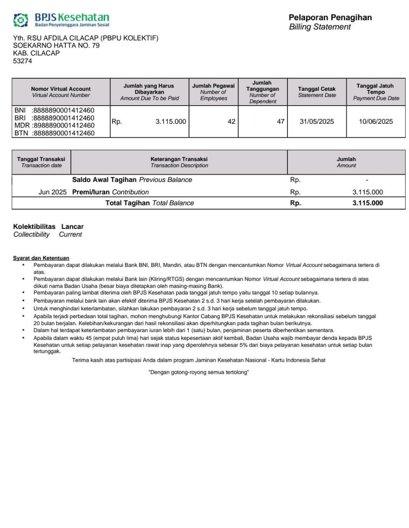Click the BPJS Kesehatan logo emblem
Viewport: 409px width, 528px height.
click(x=21, y=20)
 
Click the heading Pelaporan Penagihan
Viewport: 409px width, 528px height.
click(x=330, y=17)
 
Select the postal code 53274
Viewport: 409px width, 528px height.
click(x=23, y=61)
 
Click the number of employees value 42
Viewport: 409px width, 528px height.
click(x=231, y=122)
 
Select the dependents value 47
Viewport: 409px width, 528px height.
click(x=280, y=122)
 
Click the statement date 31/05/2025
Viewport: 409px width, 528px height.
click(x=317, y=122)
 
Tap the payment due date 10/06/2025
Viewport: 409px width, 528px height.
click(x=376, y=122)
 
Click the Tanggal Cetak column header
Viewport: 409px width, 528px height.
click(x=317, y=89)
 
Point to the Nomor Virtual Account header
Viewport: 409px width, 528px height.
click(x=61, y=89)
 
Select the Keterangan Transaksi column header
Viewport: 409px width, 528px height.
click(x=179, y=159)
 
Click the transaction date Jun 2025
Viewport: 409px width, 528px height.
click(x=52, y=192)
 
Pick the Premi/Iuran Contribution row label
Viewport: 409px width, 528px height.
click(x=110, y=192)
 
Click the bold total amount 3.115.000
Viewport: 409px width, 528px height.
click(x=367, y=203)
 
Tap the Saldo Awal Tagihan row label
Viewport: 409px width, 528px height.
click(x=132, y=180)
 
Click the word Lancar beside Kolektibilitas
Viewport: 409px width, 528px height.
click(x=72, y=226)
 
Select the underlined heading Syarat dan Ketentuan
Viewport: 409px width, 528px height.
click(x=41, y=258)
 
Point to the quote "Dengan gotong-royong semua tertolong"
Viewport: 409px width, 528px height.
click(x=199, y=372)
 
